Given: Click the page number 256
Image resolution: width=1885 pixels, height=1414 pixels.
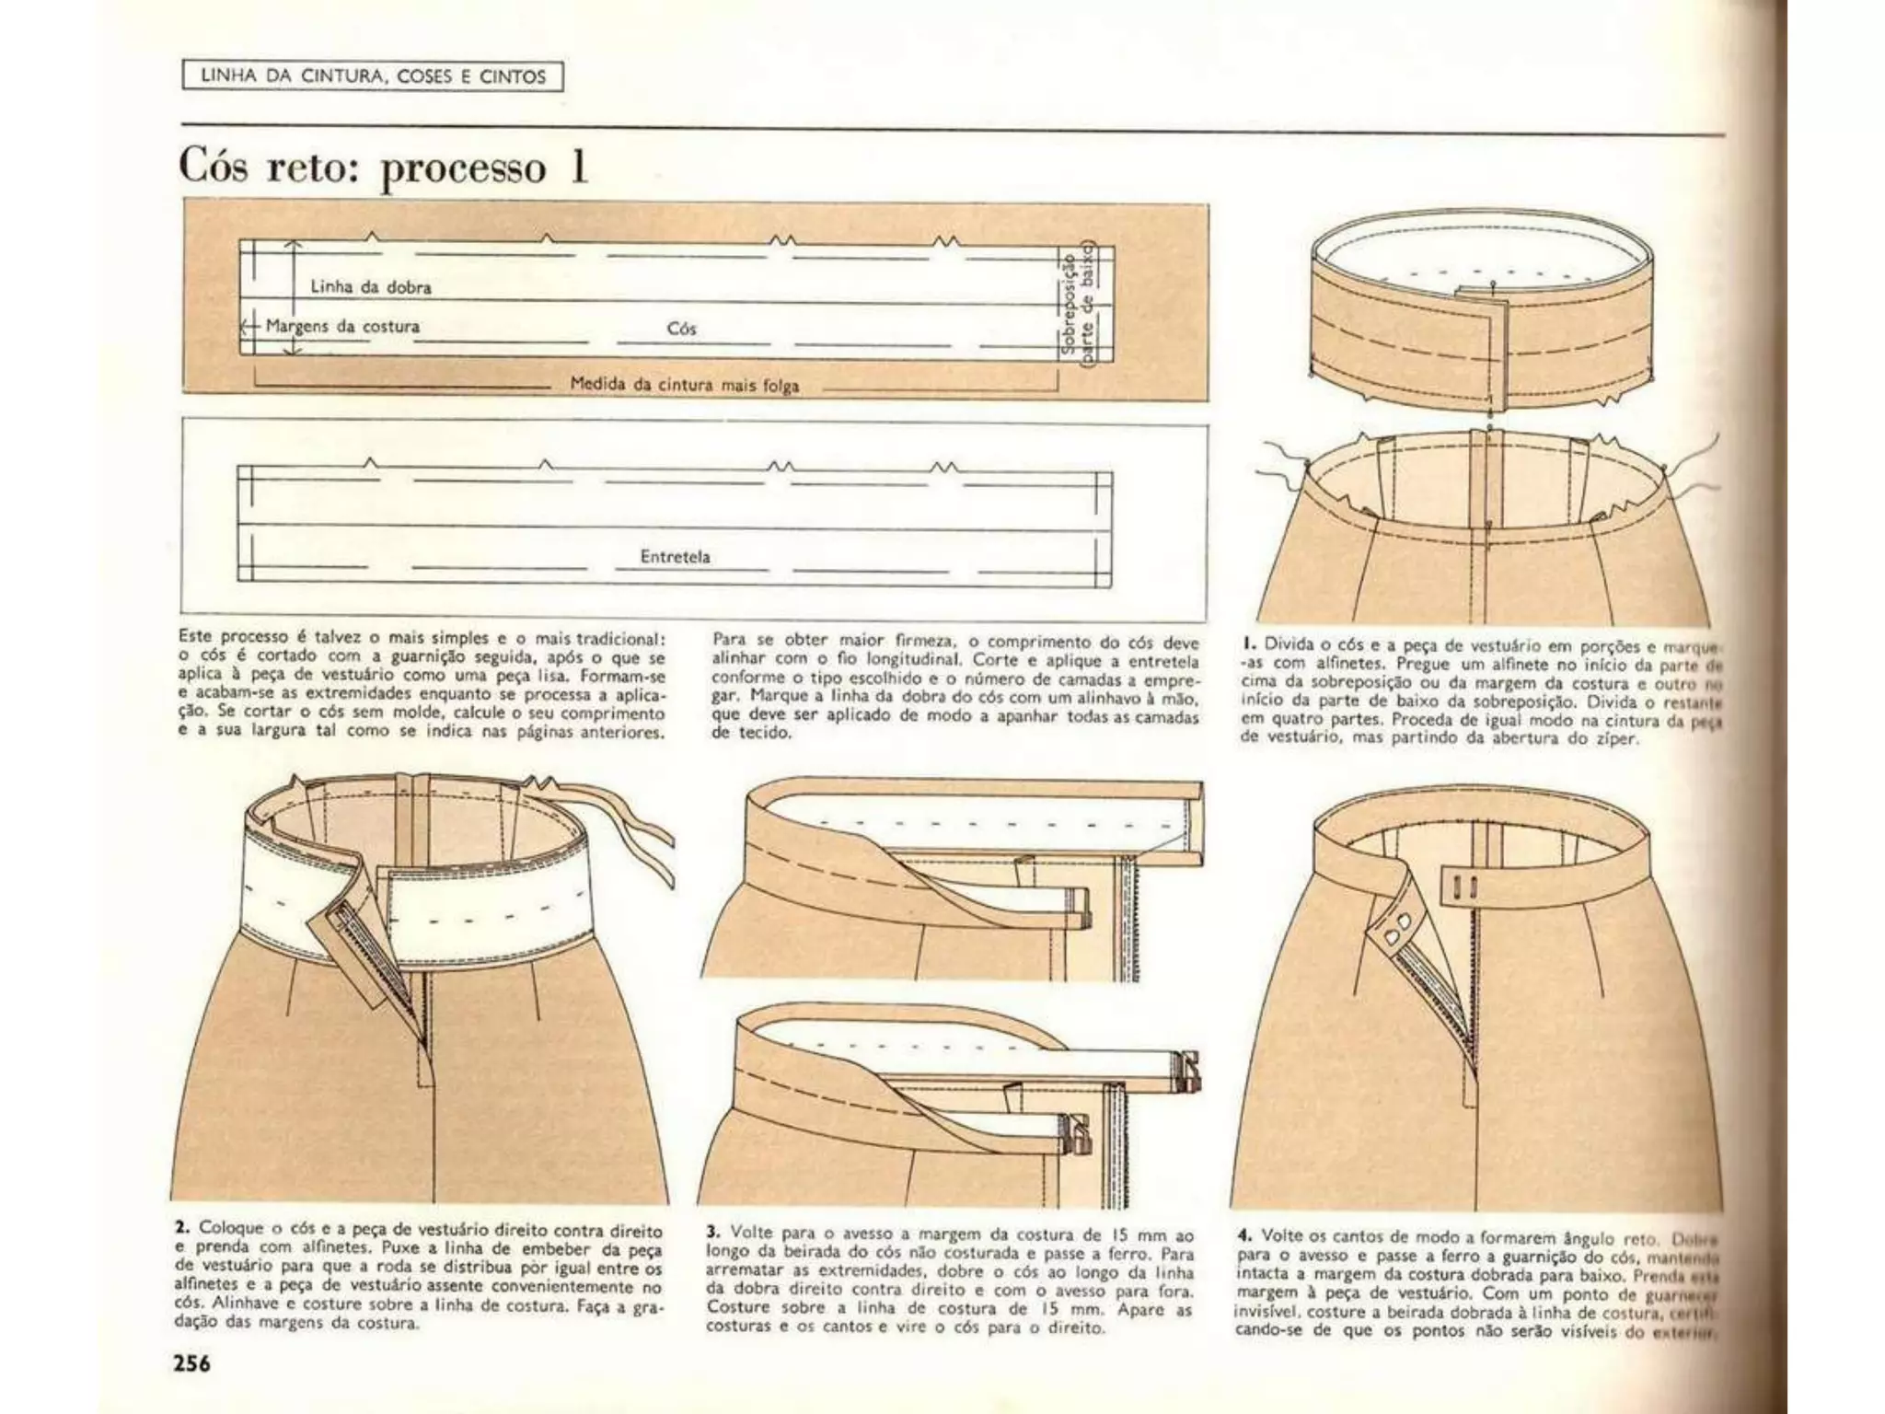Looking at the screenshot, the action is click(x=192, y=1362).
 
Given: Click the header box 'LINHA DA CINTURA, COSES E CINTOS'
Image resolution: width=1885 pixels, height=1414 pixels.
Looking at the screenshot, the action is click(x=373, y=76).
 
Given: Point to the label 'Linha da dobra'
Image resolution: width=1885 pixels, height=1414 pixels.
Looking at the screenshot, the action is click(x=370, y=286).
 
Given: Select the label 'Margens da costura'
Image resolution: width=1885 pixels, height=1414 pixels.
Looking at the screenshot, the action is click(x=342, y=326).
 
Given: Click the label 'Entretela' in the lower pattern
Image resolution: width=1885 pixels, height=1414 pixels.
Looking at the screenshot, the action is click(x=675, y=556).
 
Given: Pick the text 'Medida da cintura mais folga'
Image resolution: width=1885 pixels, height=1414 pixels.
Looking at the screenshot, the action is click(x=685, y=385).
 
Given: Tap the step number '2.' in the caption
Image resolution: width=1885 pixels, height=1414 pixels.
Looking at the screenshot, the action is click(x=182, y=1228).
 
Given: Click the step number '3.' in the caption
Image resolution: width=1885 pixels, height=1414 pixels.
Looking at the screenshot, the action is click(x=713, y=1232).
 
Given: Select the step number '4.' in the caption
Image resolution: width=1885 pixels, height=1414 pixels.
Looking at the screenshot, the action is click(x=1244, y=1235).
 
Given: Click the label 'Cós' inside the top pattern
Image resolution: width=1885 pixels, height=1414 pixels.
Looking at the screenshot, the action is click(x=681, y=329).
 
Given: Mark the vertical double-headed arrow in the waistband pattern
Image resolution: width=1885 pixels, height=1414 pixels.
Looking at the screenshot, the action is click(x=293, y=297).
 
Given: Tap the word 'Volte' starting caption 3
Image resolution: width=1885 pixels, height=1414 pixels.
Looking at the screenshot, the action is click(x=749, y=1232).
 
